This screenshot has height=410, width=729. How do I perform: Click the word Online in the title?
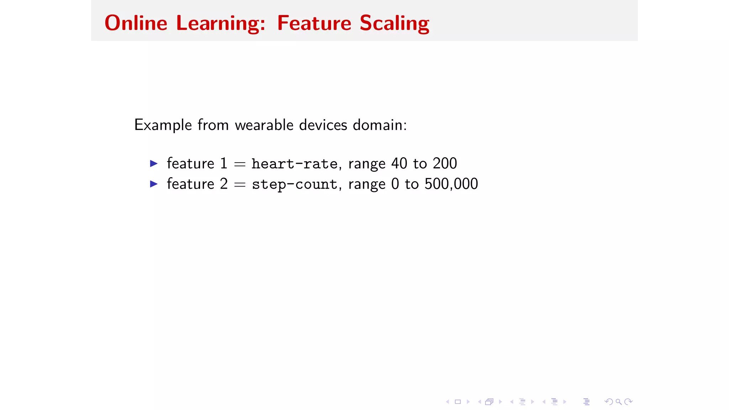(x=136, y=23)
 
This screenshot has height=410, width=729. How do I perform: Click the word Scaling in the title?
(x=394, y=23)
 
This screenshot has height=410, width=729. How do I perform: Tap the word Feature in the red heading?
(x=314, y=23)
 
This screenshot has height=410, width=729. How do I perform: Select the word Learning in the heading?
(x=220, y=23)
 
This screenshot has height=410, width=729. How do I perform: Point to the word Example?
(x=163, y=125)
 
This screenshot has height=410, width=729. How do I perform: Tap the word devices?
(x=323, y=125)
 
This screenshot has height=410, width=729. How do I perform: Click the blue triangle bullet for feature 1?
(x=154, y=163)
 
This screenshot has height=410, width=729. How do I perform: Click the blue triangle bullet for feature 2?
(x=154, y=184)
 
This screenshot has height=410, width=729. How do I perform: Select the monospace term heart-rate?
(x=294, y=164)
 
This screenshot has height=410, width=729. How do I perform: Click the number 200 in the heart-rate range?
(x=445, y=163)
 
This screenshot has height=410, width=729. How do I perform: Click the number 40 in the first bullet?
(x=399, y=163)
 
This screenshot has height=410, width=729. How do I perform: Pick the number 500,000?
(x=451, y=184)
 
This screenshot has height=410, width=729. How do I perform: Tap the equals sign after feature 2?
(x=240, y=184)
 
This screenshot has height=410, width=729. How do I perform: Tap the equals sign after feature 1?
(x=240, y=164)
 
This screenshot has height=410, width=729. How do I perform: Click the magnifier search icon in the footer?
(x=619, y=402)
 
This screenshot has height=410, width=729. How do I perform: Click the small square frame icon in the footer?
(x=458, y=402)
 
